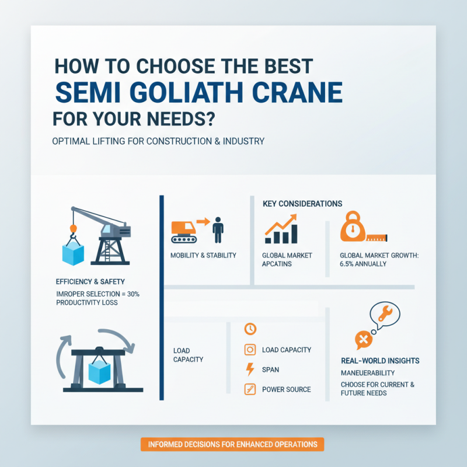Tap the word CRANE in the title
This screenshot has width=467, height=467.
[x=299, y=92]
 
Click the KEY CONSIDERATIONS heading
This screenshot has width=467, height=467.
[x=302, y=204]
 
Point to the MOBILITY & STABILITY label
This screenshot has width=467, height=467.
[x=203, y=255]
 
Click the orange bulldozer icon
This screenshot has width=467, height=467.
[x=183, y=231]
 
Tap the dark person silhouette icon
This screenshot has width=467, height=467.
[x=218, y=230]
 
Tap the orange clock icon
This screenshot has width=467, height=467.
[x=250, y=329]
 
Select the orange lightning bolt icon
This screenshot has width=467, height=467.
[x=250, y=370]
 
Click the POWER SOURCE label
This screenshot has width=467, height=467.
[x=286, y=389]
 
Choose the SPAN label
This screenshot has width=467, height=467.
[x=270, y=370]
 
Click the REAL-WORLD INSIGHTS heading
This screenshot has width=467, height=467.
[x=380, y=360]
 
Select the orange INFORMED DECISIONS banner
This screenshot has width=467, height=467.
[x=232, y=444]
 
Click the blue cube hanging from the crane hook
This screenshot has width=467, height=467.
[x=73, y=252]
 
